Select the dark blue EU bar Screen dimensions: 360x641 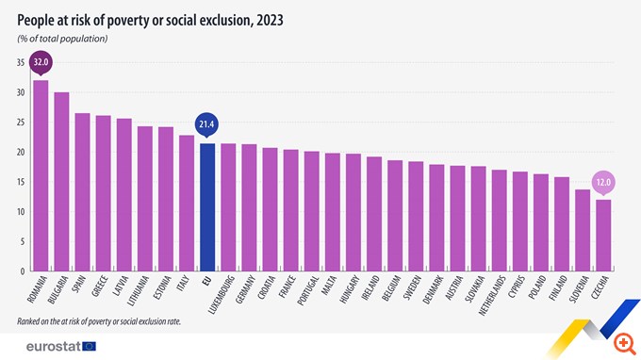[207, 207]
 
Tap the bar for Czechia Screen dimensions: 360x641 [603, 235]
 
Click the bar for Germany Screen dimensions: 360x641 [249, 207]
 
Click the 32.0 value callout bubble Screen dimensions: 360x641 [41, 64]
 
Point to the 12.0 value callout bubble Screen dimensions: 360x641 [603, 182]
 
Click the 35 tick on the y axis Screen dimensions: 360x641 [20, 62]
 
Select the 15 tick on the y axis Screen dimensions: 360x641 [20, 182]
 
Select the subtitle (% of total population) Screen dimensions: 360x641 [62, 38]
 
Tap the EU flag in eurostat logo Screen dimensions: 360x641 [90, 347]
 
